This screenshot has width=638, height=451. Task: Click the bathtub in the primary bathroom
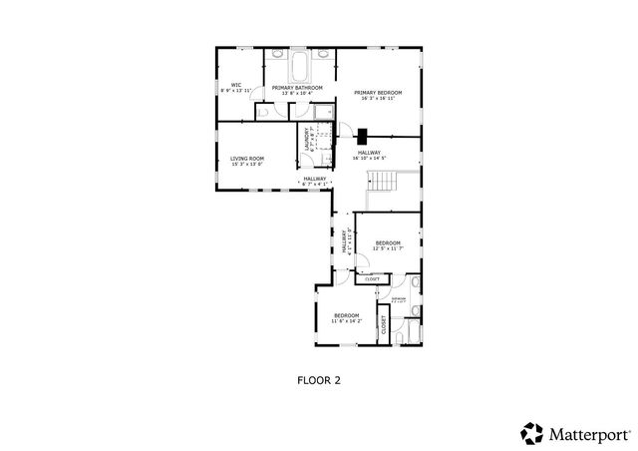(300, 68)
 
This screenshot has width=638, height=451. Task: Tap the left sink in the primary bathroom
(276, 54)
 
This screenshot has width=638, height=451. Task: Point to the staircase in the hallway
(383, 182)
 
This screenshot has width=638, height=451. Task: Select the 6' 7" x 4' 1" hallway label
(314, 182)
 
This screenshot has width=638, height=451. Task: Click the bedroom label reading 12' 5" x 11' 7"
(388, 245)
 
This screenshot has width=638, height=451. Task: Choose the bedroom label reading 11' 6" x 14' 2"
(346, 318)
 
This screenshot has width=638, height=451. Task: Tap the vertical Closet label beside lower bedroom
(383, 324)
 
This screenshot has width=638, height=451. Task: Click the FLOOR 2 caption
(319, 379)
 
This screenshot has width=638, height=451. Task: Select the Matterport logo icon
(531, 433)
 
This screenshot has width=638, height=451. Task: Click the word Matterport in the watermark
(589, 434)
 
